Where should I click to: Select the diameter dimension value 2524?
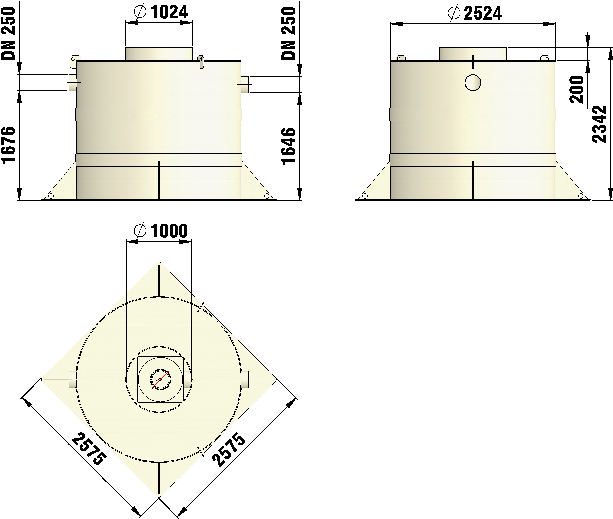point(483,14)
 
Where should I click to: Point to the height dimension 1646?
point(288,146)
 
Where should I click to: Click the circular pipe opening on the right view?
point(473,83)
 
